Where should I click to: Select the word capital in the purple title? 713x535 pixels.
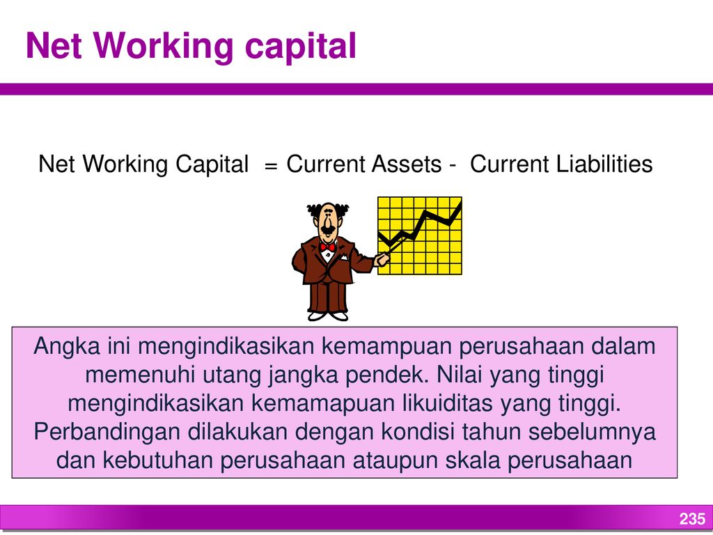pyautogui.click(x=301, y=47)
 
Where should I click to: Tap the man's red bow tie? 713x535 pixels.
pyautogui.click(x=327, y=247)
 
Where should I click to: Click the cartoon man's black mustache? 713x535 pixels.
pyautogui.click(x=328, y=229)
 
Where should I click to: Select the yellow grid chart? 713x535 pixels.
pyautogui.click(x=420, y=235)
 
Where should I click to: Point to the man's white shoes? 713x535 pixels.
pyautogui.click(x=328, y=316)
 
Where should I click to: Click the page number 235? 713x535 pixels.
pyautogui.click(x=692, y=518)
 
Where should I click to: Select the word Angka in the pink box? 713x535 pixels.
pyautogui.click(x=66, y=347)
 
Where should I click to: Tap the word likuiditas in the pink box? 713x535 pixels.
pyautogui.click(x=448, y=403)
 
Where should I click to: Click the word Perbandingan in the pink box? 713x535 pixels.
pyautogui.click(x=107, y=432)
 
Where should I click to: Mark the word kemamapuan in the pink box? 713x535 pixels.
pyautogui.click(x=323, y=404)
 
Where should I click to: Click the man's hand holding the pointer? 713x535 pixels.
pyautogui.click(x=382, y=260)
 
